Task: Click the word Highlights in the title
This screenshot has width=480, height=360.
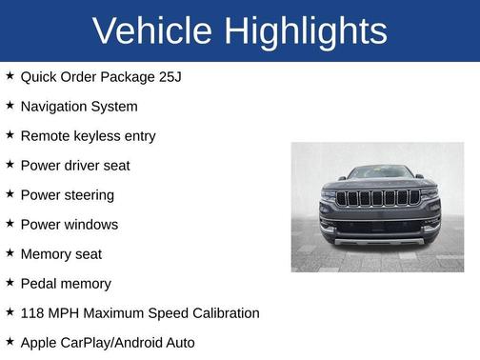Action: (306, 31)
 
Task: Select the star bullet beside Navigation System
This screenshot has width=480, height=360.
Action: (10, 106)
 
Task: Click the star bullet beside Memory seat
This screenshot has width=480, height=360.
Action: (10, 253)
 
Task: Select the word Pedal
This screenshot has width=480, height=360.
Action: (39, 283)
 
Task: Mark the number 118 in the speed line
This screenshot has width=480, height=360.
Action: (33, 312)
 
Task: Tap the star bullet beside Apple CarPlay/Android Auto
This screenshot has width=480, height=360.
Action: (10, 341)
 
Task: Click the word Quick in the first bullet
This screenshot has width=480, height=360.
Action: (39, 76)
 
